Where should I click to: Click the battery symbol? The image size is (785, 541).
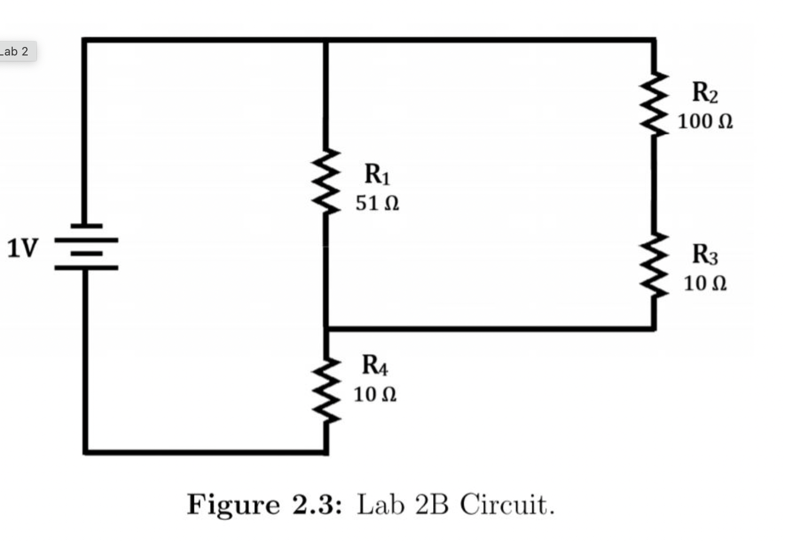[85, 247]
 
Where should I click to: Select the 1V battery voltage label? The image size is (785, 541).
[23, 248]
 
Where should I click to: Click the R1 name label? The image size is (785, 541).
[377, 174]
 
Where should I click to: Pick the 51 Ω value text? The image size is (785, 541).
[377, 203]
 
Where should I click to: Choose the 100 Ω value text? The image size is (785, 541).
[705, 121]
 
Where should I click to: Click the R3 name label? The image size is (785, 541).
[705, 254]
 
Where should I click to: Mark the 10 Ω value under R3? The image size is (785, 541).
[705, 283]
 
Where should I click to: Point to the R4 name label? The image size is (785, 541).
[375, 365]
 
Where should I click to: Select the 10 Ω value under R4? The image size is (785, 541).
[375, 394]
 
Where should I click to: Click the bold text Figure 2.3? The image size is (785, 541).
[264, 505]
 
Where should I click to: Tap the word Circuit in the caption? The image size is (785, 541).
[506, 505]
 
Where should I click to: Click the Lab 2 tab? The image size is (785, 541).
[16, 52]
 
